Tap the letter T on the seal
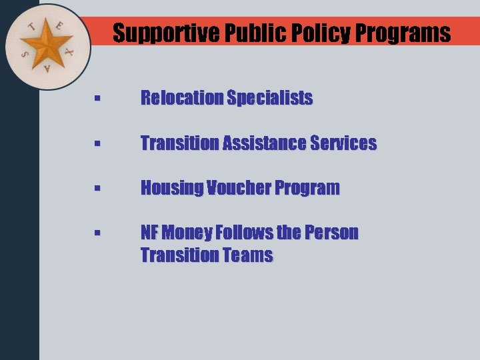31,28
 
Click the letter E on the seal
59,26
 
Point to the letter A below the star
47,69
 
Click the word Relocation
181,98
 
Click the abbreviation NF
149,233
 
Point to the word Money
187,233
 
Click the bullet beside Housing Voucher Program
97,189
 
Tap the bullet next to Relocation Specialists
97,99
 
